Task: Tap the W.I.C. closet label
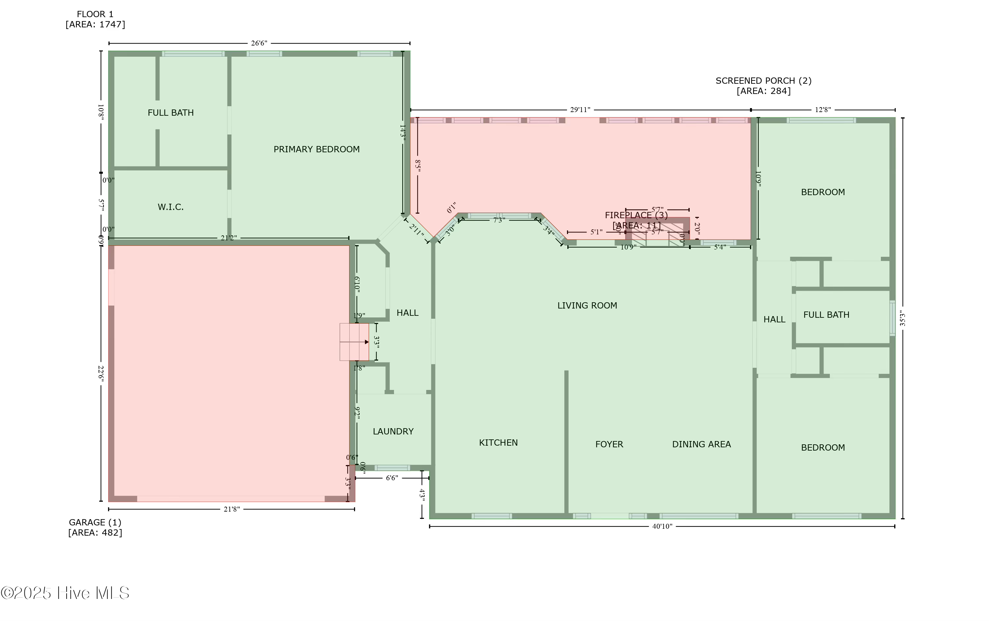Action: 170,207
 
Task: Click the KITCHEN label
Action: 498,443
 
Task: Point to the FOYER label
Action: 609,444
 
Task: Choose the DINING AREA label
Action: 702,444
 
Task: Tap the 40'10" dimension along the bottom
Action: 662,526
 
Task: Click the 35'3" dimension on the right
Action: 903,318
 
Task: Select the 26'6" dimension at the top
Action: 259,43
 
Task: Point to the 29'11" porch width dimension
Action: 580,110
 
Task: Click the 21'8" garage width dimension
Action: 232,509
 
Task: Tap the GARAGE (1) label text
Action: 95,522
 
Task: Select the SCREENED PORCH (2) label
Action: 764,81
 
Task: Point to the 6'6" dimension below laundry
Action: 392,478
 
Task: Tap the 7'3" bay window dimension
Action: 499,220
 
